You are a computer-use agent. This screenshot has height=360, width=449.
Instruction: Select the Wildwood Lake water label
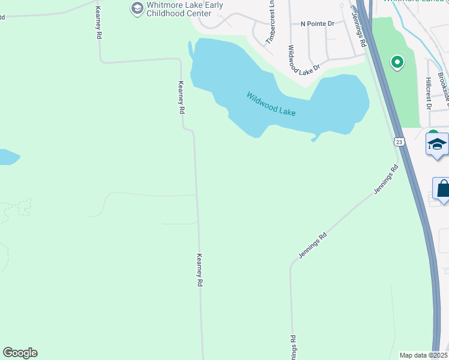click(x=271, y=103)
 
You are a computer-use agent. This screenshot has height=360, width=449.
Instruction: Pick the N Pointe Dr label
click(x=317, y=24)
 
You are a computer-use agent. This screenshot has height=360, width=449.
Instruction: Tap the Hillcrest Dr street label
click(x=429, y=92)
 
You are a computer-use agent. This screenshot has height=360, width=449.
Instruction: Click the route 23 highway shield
click(x=399, y=142)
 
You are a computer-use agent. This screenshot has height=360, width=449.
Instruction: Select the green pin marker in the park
click(x=397, y=61)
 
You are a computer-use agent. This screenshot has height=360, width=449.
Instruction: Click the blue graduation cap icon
click(x=437, y=145)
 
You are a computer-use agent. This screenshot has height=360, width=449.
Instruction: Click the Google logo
click(x=20, y=353)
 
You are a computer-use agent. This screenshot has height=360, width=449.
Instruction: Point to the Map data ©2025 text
click(x=424, y=355)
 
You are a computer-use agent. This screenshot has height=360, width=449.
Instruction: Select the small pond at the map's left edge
click(x=7, y=157)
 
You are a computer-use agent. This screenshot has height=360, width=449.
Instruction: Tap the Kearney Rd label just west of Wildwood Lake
click(x=181, y=98)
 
